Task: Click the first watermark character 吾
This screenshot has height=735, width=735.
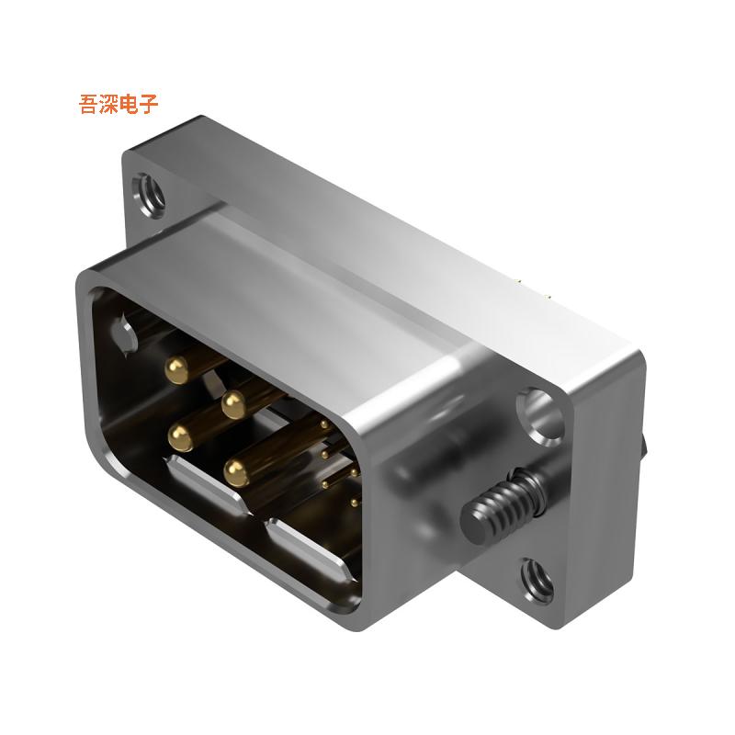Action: [91, 104]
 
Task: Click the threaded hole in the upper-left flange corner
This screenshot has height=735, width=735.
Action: [146, 190]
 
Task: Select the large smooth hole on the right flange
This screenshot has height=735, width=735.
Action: [540, 416]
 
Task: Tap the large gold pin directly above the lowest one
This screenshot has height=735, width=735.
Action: [234, 401]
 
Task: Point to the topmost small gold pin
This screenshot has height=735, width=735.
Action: [325, 424]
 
